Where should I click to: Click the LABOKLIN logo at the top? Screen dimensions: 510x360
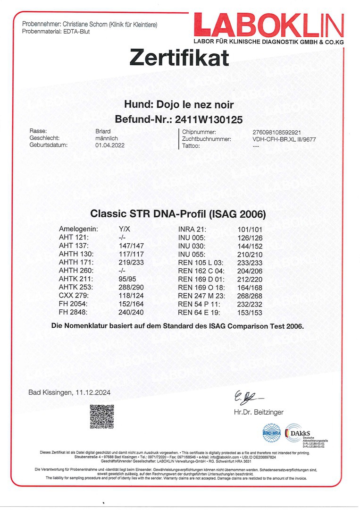[x=268, y=25]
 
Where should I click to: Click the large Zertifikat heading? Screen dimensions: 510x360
[x=179, y=58]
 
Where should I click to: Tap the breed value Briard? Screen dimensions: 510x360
[x=103, y=132]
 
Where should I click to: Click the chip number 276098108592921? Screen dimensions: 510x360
[x=280, y=132]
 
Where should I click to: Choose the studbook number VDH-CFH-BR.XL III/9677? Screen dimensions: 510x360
[x=284, y=139]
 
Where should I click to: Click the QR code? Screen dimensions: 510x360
[x=102, y=416]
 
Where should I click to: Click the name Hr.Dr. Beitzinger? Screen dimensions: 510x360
[x=259, y=412]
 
